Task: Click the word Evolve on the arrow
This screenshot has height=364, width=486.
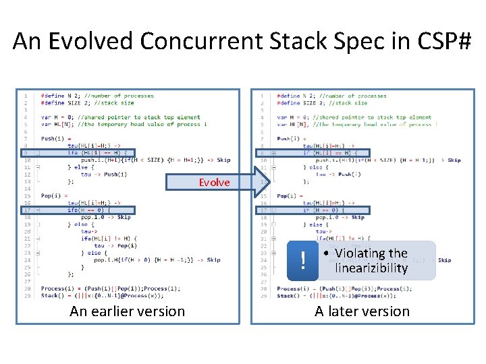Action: (214, 183)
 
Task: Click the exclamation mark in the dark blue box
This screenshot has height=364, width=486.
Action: (303, 261)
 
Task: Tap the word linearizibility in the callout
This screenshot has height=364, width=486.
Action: (371, 268)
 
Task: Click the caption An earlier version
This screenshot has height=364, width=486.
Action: (127, 311)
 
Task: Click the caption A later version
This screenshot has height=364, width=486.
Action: (362, 311)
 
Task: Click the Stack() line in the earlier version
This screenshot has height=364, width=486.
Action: (101, 295)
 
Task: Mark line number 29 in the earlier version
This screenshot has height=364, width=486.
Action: (26, 295)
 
